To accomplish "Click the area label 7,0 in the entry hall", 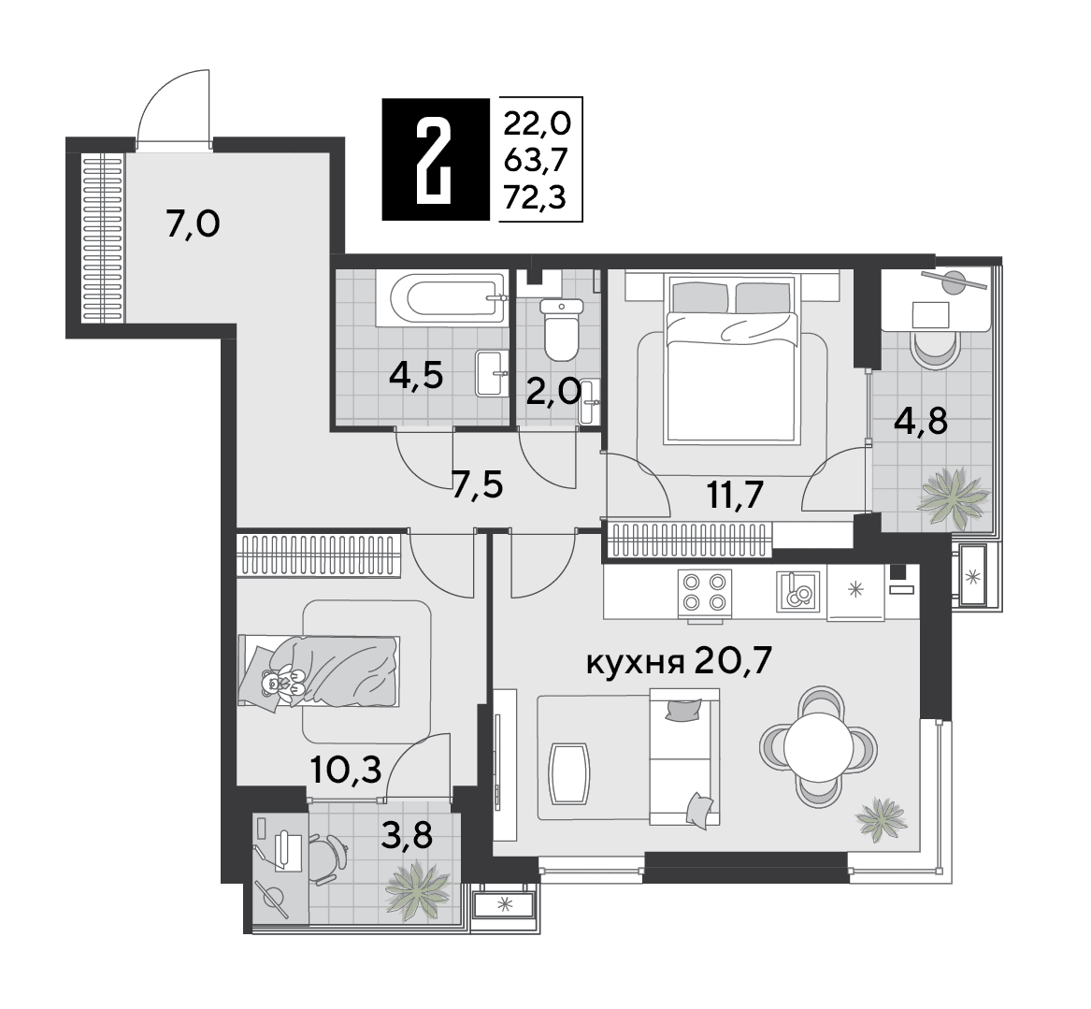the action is coord(193,224).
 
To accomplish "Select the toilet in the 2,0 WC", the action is coord(562,329).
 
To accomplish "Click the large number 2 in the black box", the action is coord(435,160).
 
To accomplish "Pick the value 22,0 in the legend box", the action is coord(538,123).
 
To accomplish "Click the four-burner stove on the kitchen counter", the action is coord(705,594).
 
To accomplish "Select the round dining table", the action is coord(819,746).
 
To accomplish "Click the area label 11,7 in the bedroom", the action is coord(736,496).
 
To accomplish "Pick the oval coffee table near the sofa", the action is coord(569,773).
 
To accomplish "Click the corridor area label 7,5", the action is coord(478,485).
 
